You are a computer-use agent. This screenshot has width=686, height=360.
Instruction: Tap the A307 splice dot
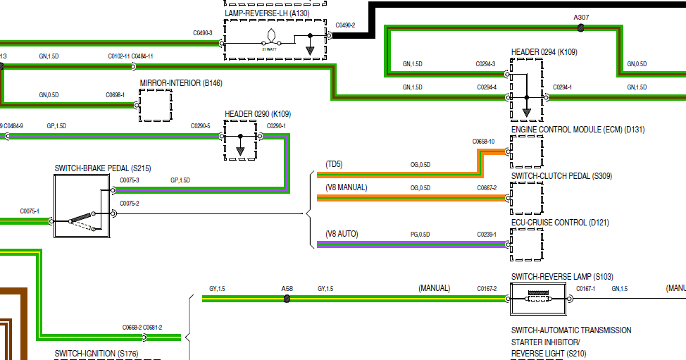point(581,28)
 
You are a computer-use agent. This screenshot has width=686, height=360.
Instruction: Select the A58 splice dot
point(287,299)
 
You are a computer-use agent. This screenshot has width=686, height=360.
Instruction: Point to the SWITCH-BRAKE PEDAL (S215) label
point(102,168)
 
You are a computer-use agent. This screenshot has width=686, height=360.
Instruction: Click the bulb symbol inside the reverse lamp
point(271,37)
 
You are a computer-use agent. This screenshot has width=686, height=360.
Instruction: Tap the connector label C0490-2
point(345,25)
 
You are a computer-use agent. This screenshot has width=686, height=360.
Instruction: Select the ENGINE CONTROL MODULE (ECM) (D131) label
point(578,130)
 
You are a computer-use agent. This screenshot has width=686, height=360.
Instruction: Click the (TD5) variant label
point(335,164)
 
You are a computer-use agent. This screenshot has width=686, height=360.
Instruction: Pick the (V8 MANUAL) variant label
point(346,187)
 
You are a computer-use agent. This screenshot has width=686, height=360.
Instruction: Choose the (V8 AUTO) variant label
point(342,233)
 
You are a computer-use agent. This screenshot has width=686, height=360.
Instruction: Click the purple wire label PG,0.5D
point(420,234)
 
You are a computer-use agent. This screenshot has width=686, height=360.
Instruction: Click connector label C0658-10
point(483,142)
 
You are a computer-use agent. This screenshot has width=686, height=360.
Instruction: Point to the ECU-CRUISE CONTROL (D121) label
point(560,223)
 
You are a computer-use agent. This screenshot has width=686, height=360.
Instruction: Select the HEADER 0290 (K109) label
point(258,114)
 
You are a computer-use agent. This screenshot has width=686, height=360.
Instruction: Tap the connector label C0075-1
point(30,211)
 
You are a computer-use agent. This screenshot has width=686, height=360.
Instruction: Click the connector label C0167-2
point(486,288)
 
